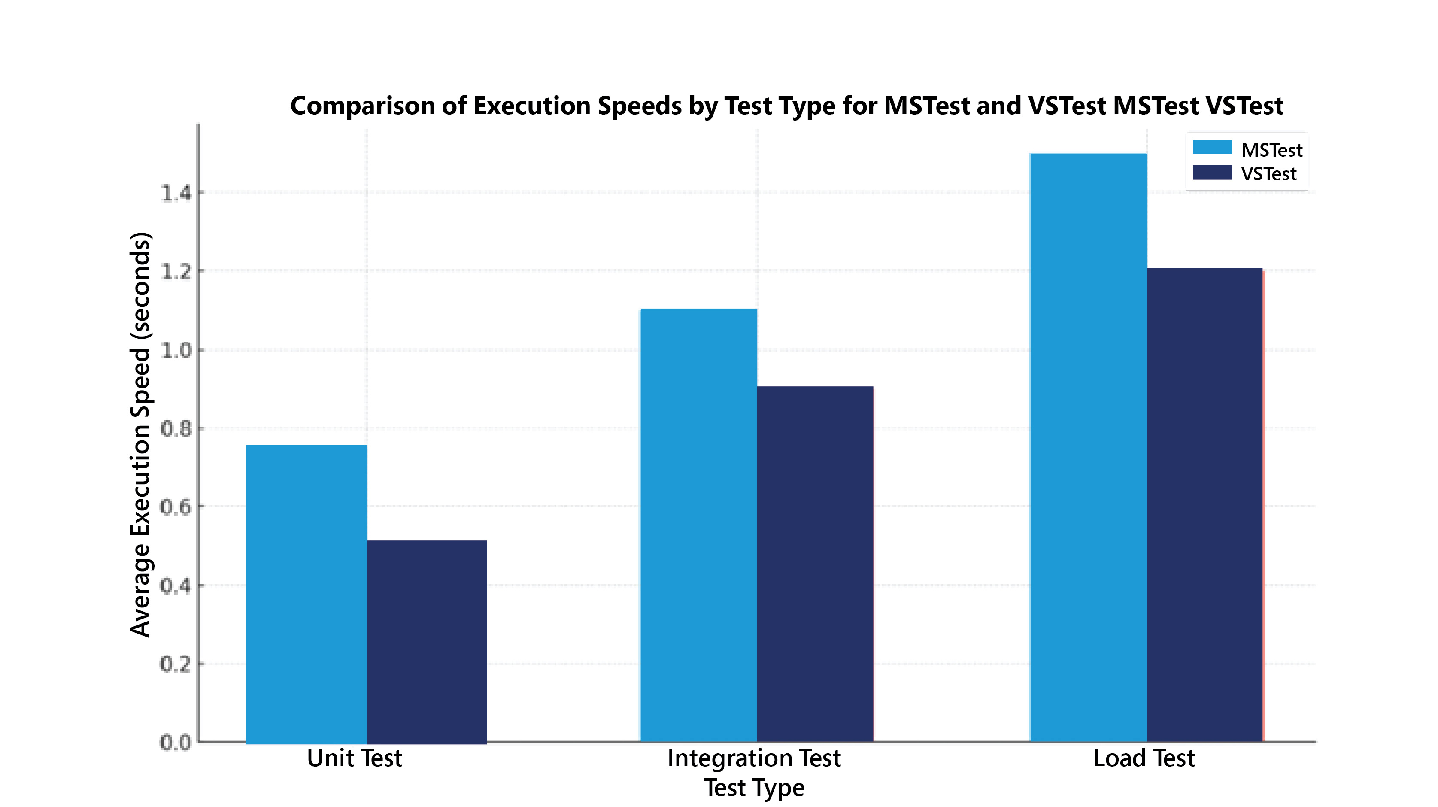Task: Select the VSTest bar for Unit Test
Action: (x=427, y=642)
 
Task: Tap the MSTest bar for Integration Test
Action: (x=698, y=525)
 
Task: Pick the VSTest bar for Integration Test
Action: (x=815, y=564)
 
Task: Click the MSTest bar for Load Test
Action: (x=1088, y=447)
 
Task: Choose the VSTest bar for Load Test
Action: (x=1204, y=505)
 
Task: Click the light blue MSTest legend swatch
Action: (x=1212, y=147)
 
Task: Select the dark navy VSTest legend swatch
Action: (x=1212, y=173)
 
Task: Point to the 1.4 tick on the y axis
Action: (x=176, y=194)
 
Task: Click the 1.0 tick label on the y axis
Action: (x=176, y=350)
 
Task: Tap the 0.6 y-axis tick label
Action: (x=176, y=507)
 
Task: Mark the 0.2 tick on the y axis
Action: (x=176, y=664)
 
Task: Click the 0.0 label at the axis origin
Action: (x=176, y=743)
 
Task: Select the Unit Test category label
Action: (x=355, y=758)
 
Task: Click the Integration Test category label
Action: (x=754, y=758)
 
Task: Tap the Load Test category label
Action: (x=1144, y=758)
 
